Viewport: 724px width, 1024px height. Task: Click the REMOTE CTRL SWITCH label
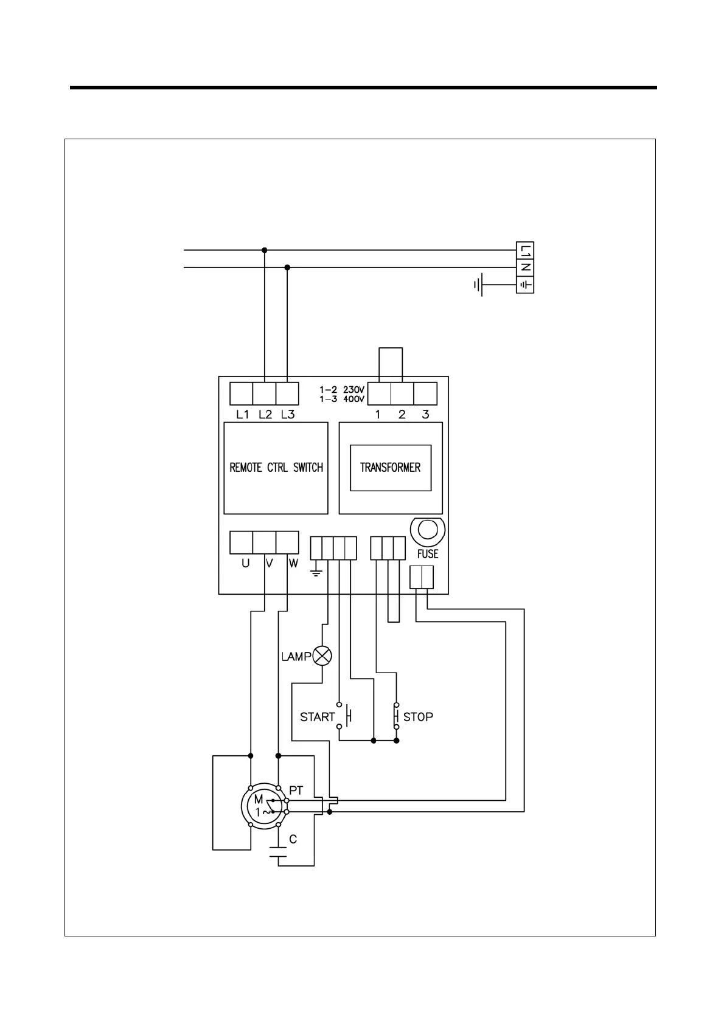tap(276, 468)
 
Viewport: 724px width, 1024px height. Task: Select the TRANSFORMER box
tap(390, 468)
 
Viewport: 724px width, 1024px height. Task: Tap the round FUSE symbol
tap(427, 531)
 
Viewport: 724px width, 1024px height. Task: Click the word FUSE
tap(428, 554)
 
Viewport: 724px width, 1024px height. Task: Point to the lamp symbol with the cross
tap(322, 656)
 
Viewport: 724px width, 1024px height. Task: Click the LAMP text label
tap(296, 657)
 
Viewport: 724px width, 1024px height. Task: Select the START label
tap(317, 717)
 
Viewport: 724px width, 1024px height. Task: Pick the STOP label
tap(419, 717)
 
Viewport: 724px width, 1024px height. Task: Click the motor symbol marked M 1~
tap(262, 806)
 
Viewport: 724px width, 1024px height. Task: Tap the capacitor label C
tap(293, 840)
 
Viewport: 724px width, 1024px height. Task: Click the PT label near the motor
tap(296, 790)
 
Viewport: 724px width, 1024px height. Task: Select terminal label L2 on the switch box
tap(265, 415)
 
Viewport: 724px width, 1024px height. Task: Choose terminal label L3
tap(288, 415)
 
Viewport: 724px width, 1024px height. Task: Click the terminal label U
tap(245, 564)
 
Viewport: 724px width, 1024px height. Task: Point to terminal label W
tap(293, 564)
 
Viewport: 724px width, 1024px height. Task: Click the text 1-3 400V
tap(342, 399)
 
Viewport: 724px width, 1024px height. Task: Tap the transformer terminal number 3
tap(425, 415)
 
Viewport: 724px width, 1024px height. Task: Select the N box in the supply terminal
tap(525, 267)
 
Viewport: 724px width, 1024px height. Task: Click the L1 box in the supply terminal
tap(525, 250)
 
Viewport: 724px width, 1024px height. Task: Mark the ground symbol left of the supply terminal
tap(479, 285)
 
